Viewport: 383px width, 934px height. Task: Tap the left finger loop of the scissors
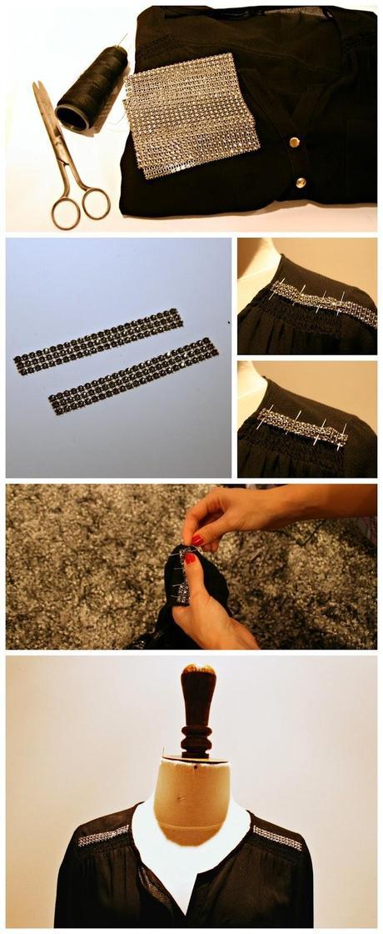(x=64, y=212)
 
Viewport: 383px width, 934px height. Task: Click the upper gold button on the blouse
(x=293, y=143)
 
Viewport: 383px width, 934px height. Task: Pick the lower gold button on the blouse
(x=300, y=181)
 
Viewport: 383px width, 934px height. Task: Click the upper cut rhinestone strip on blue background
(x=98, y=340)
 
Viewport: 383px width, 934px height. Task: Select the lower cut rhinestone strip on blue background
(x=133, y=375)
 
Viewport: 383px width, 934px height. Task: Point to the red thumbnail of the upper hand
(x=197, y=540)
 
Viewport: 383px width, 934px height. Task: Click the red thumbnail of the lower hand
(x=190, y=559)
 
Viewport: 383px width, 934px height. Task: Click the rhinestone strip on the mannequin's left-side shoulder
(x=104, y=835)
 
